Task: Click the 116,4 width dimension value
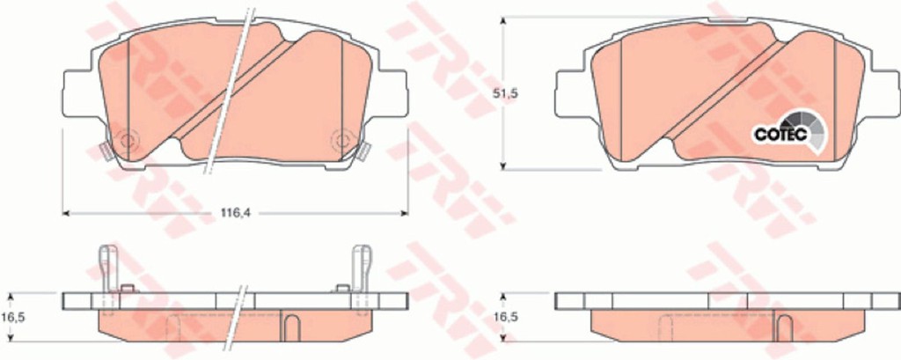[x=237, y=213]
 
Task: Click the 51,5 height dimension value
[x=506, y=93]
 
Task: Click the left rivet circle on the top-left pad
[x=126, y=140]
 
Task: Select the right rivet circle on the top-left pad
[x=343, y=140]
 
